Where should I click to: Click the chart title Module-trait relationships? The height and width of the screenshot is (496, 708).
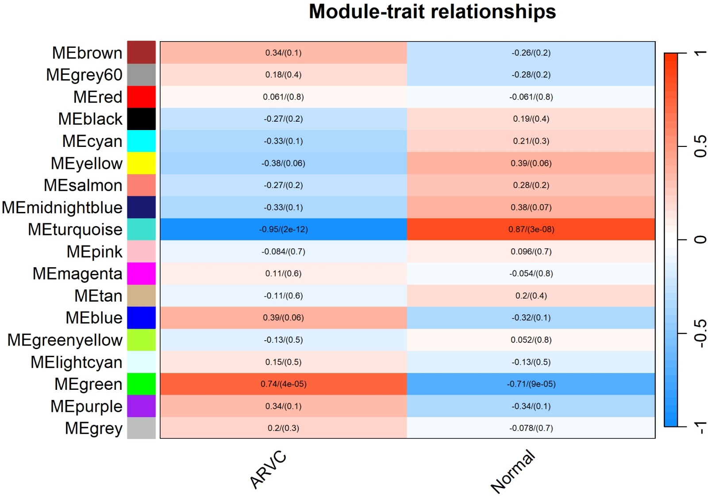pos(432,12)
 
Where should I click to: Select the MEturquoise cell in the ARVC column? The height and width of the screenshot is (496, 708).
pos(283,229)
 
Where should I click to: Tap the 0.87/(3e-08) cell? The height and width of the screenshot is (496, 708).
pos(531,229)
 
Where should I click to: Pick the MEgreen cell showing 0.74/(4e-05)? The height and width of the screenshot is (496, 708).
pos(283,384)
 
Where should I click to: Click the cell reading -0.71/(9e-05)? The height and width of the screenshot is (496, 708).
pos(531,384)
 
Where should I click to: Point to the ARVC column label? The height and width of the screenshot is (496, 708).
pos(268,469)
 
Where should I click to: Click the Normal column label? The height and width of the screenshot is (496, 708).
pos(513,471)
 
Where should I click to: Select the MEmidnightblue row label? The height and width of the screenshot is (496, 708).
pos(62,208)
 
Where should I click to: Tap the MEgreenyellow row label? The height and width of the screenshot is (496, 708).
pos(65,340)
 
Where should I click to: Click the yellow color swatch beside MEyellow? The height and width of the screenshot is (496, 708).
pos(142,163)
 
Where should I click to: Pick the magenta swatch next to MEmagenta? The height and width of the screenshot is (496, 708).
pos(142,273)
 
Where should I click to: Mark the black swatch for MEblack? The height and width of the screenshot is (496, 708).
pos(142,119)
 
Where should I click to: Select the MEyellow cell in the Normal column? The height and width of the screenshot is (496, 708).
pos(531,163)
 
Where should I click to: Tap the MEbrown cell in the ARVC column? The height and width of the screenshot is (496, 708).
pos(283,53)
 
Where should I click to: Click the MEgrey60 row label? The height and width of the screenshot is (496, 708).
pos(84,75)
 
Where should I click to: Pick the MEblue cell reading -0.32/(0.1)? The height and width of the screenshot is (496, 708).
pos(531,318)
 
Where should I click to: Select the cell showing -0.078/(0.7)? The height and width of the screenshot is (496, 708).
pos(531,428)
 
